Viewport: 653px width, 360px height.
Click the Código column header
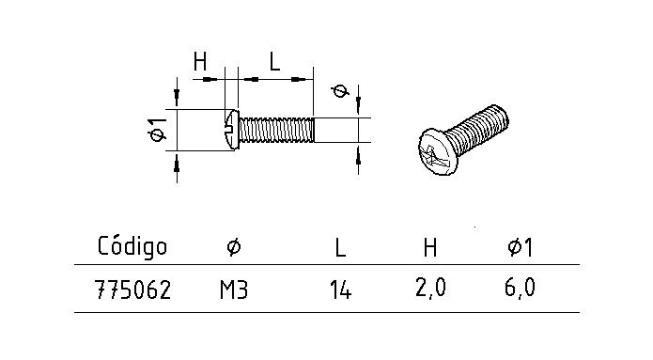pyautogui.click(x=132, y=247)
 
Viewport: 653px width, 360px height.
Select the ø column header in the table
pyautogui.click(x=234, y=247)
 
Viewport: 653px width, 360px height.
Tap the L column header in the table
pyautogui.click(x=340, y=248)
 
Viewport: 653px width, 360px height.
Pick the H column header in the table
pyautogui.click(x=429, y=247)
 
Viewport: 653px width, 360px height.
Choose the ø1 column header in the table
pyautogui.click(x=520, y=247)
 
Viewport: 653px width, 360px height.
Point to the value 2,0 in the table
pyautogui.click(x=429, y=290)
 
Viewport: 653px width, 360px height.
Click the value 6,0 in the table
pyautogui.click(x=520, y=290)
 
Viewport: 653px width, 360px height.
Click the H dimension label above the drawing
pyautogui.click(x=200, y=62)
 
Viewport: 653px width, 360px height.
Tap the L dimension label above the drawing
pyautogui.click(x=273, y=62)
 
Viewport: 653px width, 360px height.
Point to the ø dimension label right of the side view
pyautogui.click(x=340, y=91)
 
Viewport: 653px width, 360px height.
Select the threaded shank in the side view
pyautogui.click(x=274, y=129)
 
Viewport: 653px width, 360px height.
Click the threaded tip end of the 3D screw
pyautogui.click(x=503, y=117)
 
